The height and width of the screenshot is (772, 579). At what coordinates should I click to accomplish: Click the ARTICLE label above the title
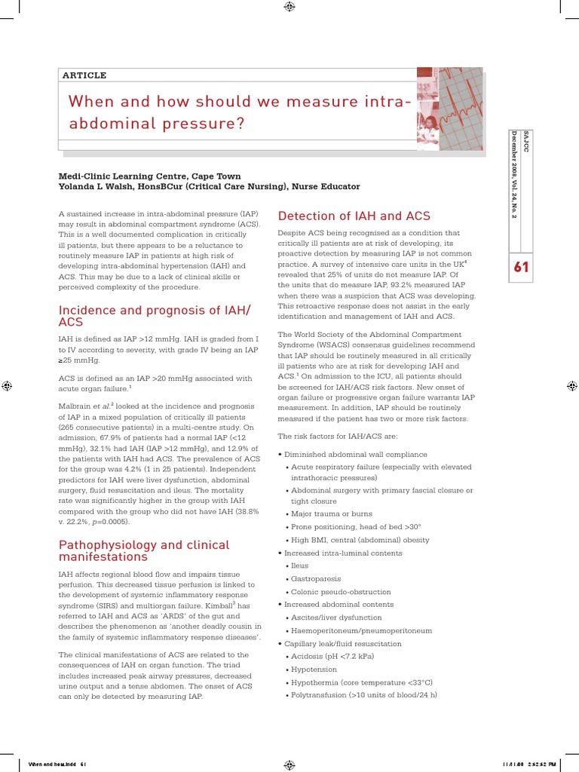click(84, 75)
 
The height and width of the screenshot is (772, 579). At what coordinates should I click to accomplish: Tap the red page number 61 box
click(522, 266)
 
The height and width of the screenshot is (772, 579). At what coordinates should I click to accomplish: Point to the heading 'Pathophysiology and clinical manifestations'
click(144, 550)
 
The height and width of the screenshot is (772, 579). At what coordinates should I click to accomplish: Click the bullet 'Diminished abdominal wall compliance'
click(354, 455)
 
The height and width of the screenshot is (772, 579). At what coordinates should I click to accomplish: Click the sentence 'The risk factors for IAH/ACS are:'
click(338, 436)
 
